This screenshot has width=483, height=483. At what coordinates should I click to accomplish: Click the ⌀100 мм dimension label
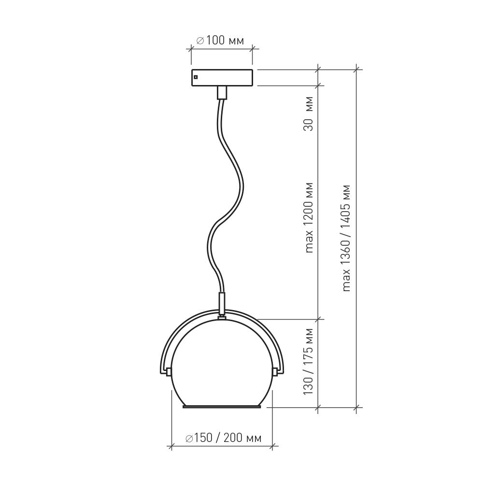point(220,41)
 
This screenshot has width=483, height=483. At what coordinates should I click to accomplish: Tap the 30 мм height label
point(308,114)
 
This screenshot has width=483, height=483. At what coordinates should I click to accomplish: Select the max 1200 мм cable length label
point(308,218)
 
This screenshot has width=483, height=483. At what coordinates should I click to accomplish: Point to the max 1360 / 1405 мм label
point(346,238)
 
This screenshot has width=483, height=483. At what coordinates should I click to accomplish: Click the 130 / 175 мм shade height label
point(308,362)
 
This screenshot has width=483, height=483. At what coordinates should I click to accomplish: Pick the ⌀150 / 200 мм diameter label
point(224,438)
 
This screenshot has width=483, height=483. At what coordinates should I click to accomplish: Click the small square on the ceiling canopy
point(195,77)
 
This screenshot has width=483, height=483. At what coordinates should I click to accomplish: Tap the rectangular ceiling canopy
point(222,78)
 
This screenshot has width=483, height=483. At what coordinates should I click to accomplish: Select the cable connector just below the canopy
point(222,93)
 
